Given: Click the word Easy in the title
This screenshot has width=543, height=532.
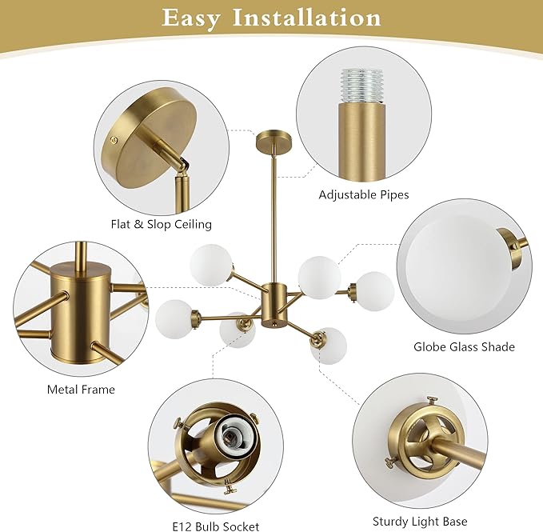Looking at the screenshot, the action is (x=190, y=18).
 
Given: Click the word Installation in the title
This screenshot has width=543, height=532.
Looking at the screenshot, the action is (x=307, y=18).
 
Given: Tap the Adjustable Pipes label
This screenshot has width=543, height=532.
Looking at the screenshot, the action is (x=364, y=195).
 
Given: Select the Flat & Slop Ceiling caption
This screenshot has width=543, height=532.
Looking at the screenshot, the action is (x=162, y=225).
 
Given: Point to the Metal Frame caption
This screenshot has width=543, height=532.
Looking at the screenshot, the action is (x=81, y=390).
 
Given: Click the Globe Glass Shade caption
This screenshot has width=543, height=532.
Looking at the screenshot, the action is (x=464, y=346).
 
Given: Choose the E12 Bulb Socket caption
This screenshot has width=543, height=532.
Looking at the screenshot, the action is (x=216, y=526).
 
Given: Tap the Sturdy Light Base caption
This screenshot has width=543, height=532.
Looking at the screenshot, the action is (x=420, y=522).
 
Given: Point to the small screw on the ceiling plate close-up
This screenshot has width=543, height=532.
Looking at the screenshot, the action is (x=113, y=140).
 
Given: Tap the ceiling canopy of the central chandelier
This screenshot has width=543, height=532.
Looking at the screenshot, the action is (x=274, y=142).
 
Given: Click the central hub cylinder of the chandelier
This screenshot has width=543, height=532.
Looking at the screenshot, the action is (x=274, y=305).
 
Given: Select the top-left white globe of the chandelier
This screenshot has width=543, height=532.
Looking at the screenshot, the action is (x=210, y=265).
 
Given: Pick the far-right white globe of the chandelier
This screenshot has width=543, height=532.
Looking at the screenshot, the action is (x=375, y=291).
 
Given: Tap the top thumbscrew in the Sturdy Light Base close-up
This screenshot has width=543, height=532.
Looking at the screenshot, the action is (x=433, y=401).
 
